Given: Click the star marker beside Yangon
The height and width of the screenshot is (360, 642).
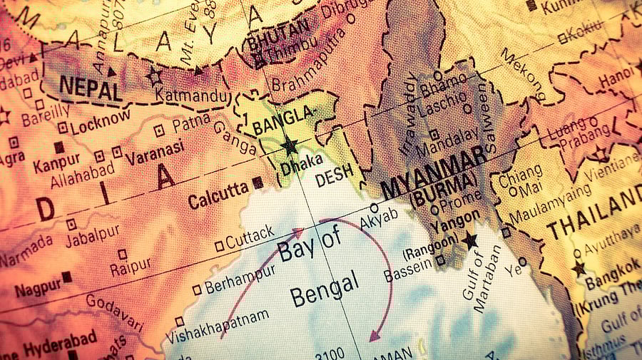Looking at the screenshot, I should coord(470,240).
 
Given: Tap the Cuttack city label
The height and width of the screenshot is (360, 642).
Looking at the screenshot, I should coord(250,235).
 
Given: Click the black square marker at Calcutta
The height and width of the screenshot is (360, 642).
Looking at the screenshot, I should coord(258,182).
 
